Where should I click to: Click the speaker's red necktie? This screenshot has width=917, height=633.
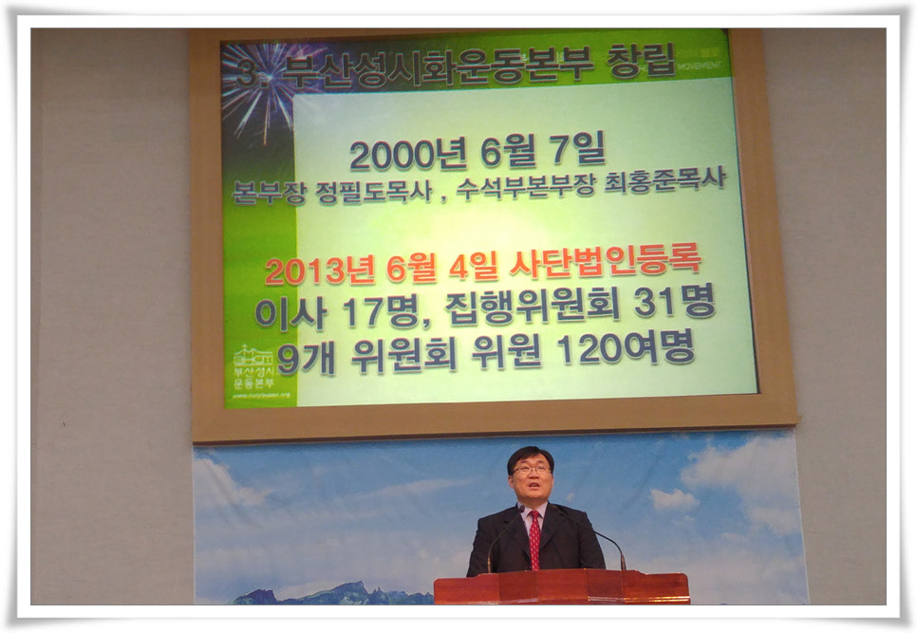[x=534, y=539]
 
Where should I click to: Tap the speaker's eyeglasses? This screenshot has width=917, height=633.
[x=532, y=469]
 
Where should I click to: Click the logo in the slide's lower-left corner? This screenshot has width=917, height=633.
[x=253, y=369]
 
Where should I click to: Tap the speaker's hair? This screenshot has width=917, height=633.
[x=529, y=454]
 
